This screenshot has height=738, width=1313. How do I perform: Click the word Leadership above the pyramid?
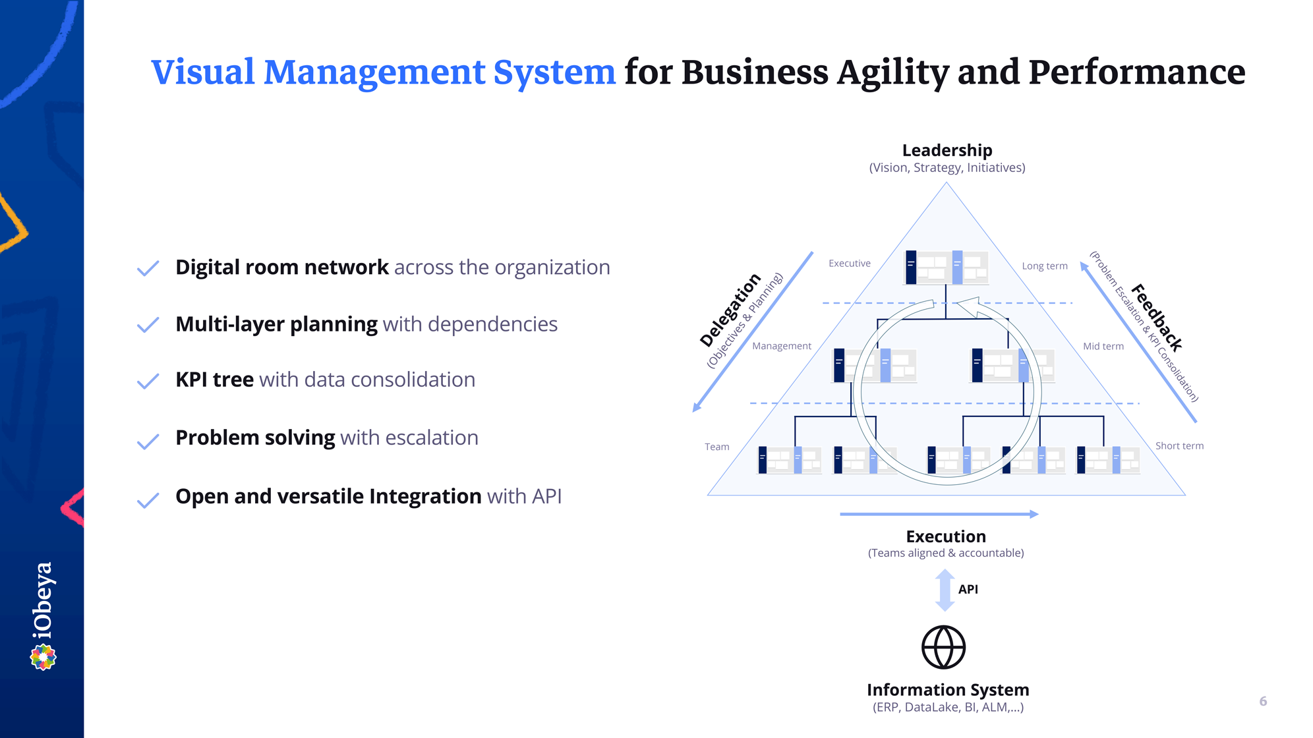947,151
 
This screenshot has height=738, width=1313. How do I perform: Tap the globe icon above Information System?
943,647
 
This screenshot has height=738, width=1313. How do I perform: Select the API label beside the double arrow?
968,589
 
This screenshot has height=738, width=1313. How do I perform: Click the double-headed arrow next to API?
945,590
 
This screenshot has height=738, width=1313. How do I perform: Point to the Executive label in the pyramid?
849,264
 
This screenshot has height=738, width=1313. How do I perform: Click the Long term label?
1044,266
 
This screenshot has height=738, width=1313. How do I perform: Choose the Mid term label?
1103,346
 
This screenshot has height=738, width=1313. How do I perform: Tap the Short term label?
1179,446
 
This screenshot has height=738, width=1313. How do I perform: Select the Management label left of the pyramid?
781,346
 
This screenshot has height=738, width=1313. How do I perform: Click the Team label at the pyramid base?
716,447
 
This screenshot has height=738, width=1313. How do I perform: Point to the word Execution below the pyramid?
946,536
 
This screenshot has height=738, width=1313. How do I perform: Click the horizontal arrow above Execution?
939,514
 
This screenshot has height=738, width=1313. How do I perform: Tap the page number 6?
1263,701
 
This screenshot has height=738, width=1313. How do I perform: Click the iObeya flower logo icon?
44,657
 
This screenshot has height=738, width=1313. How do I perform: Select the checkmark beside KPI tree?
148,382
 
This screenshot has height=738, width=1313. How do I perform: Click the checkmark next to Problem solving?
148,441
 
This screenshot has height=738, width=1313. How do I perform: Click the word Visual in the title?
203,72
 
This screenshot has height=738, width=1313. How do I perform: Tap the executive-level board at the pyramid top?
946,267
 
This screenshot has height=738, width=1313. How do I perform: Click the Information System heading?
948,690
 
